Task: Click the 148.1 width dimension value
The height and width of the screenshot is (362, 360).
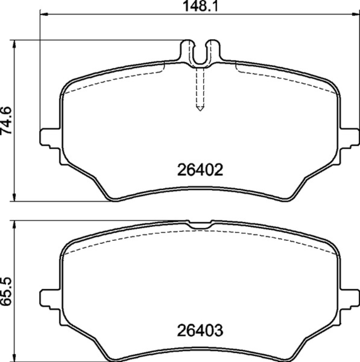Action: [199, 6]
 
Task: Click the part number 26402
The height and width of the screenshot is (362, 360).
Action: [200, 170]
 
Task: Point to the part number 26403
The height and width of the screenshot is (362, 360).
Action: [200, 332]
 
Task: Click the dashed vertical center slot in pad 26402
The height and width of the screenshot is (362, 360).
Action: [200, 89]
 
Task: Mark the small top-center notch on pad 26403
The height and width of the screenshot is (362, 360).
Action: [200, 225]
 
